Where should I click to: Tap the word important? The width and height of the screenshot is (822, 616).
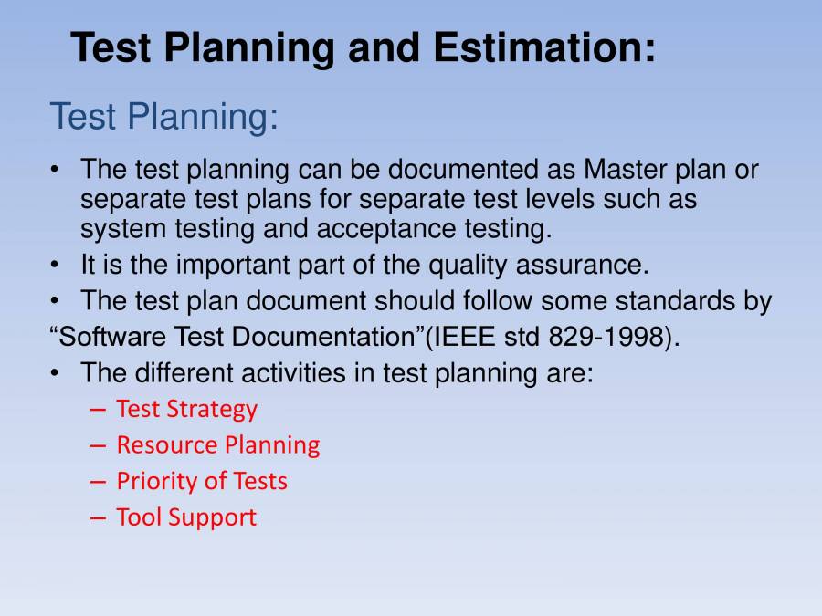pyautogui.click(x=236, y=266)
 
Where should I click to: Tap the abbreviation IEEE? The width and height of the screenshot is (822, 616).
pyautogui.click(x=468, y=337)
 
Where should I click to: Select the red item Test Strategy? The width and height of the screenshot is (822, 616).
pyautogui.click(x=187, y=409)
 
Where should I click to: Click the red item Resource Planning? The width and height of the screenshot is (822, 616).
pyautogui.click(x=218, y=444)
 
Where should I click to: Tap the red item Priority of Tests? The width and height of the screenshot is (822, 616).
pyautogui.click(x=202, y=481)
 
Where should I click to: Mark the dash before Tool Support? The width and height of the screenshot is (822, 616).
pyautogui.click(x=100, y=517)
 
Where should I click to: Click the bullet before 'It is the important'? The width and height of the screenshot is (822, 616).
pyautogui.click(x=57, y=266)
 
